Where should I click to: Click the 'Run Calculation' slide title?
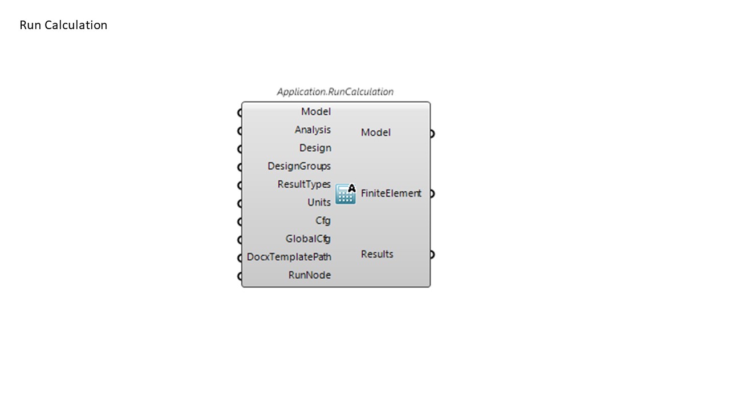(x=63, y=25)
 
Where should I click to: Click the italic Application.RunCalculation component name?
(x=335, y=92)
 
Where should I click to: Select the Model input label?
(x=316, y=111)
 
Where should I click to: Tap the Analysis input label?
(x=313, y=130)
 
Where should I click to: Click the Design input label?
(x=315, y=148)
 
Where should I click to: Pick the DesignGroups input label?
(x=299, y=166)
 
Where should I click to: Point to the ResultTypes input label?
(x=304, y=184)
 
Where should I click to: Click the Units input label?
(x=319, y=203)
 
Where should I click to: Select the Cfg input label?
(x=323, y=221)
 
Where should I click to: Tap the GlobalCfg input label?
(x=308, y=239)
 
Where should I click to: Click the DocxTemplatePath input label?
(x=289, y=257)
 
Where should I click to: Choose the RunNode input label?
(x=310, y=275)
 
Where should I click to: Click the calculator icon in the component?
(x=346, y=194)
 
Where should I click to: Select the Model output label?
(x=376, y=132)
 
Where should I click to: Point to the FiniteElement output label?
(x=391, y=194)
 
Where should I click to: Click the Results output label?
(x=377, y=255)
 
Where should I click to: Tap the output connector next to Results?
(x=432, y=255)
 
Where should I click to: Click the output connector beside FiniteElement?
(x=432, y=194)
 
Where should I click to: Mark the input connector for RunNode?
(x=240, y=276)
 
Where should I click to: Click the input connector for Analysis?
(x=240, y=131)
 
